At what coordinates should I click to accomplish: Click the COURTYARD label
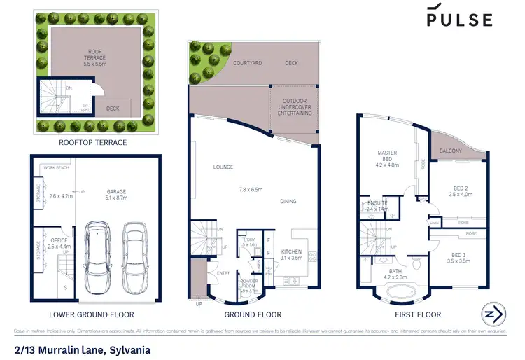point(248,63)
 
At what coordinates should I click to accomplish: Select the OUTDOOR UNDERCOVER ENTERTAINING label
point(295,106)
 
